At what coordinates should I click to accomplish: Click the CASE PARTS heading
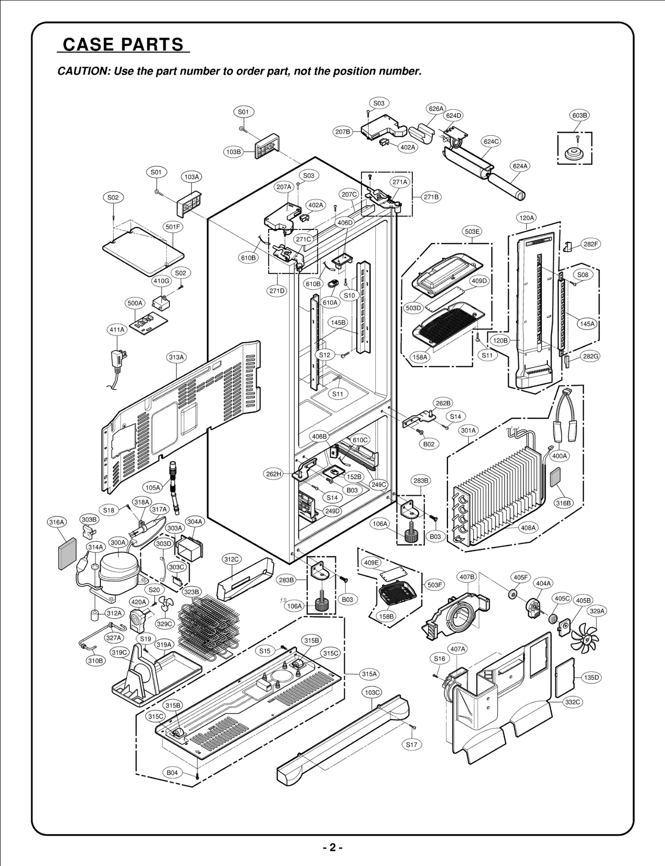[x=123, y=44]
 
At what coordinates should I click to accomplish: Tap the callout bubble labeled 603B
[x=579, y=115]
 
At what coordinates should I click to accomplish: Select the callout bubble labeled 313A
[x=176, y=357]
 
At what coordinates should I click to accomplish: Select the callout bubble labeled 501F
[x=173, y=227]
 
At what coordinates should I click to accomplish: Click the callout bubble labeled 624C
[x=491, y=141]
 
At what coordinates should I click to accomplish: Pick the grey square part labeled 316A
[x=67, y=554]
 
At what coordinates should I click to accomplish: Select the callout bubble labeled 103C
[x=372, y=692]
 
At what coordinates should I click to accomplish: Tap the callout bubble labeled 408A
[x=528, y=528]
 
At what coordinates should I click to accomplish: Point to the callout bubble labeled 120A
[x=527, y=217]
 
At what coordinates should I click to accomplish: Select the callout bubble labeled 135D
[x=591, y=677]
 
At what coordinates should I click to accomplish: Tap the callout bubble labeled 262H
[x=274, y=474]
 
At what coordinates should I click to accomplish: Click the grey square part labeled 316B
[x=555, y=476]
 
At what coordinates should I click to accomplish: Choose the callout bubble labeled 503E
[x=472, y=231]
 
